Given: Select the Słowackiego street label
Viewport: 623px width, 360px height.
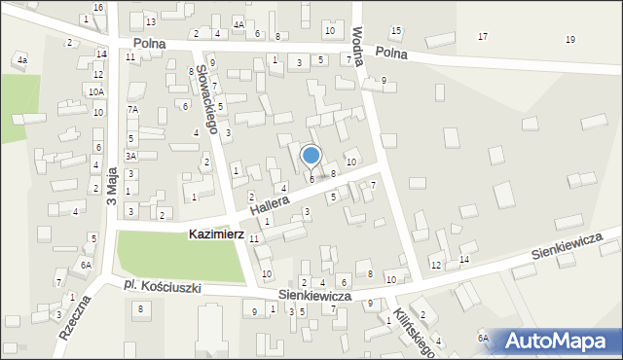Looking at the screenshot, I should pyautogui.click(x=202, y=91).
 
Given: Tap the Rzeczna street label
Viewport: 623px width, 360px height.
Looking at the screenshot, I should pyautogui.click(x=74, y=315).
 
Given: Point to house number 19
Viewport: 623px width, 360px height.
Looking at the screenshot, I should pyautogui.click(x=569, y=39).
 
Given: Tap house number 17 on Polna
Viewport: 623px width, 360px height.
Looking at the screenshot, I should pyautogui.click(x=483, y=36).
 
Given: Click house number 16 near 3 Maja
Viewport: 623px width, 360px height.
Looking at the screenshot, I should pyautogui.click(x=97, y=7).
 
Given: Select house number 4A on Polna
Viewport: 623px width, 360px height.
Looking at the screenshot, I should pyautogui.click(x=238, y=23).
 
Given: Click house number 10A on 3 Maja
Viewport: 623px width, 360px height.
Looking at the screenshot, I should pyautogui.click(x=95, y=91).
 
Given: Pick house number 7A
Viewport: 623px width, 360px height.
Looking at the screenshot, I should pyautogui.click(x=133, y=110).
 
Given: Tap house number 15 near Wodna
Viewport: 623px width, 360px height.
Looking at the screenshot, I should pyautogui.click(x=395, y=31).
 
